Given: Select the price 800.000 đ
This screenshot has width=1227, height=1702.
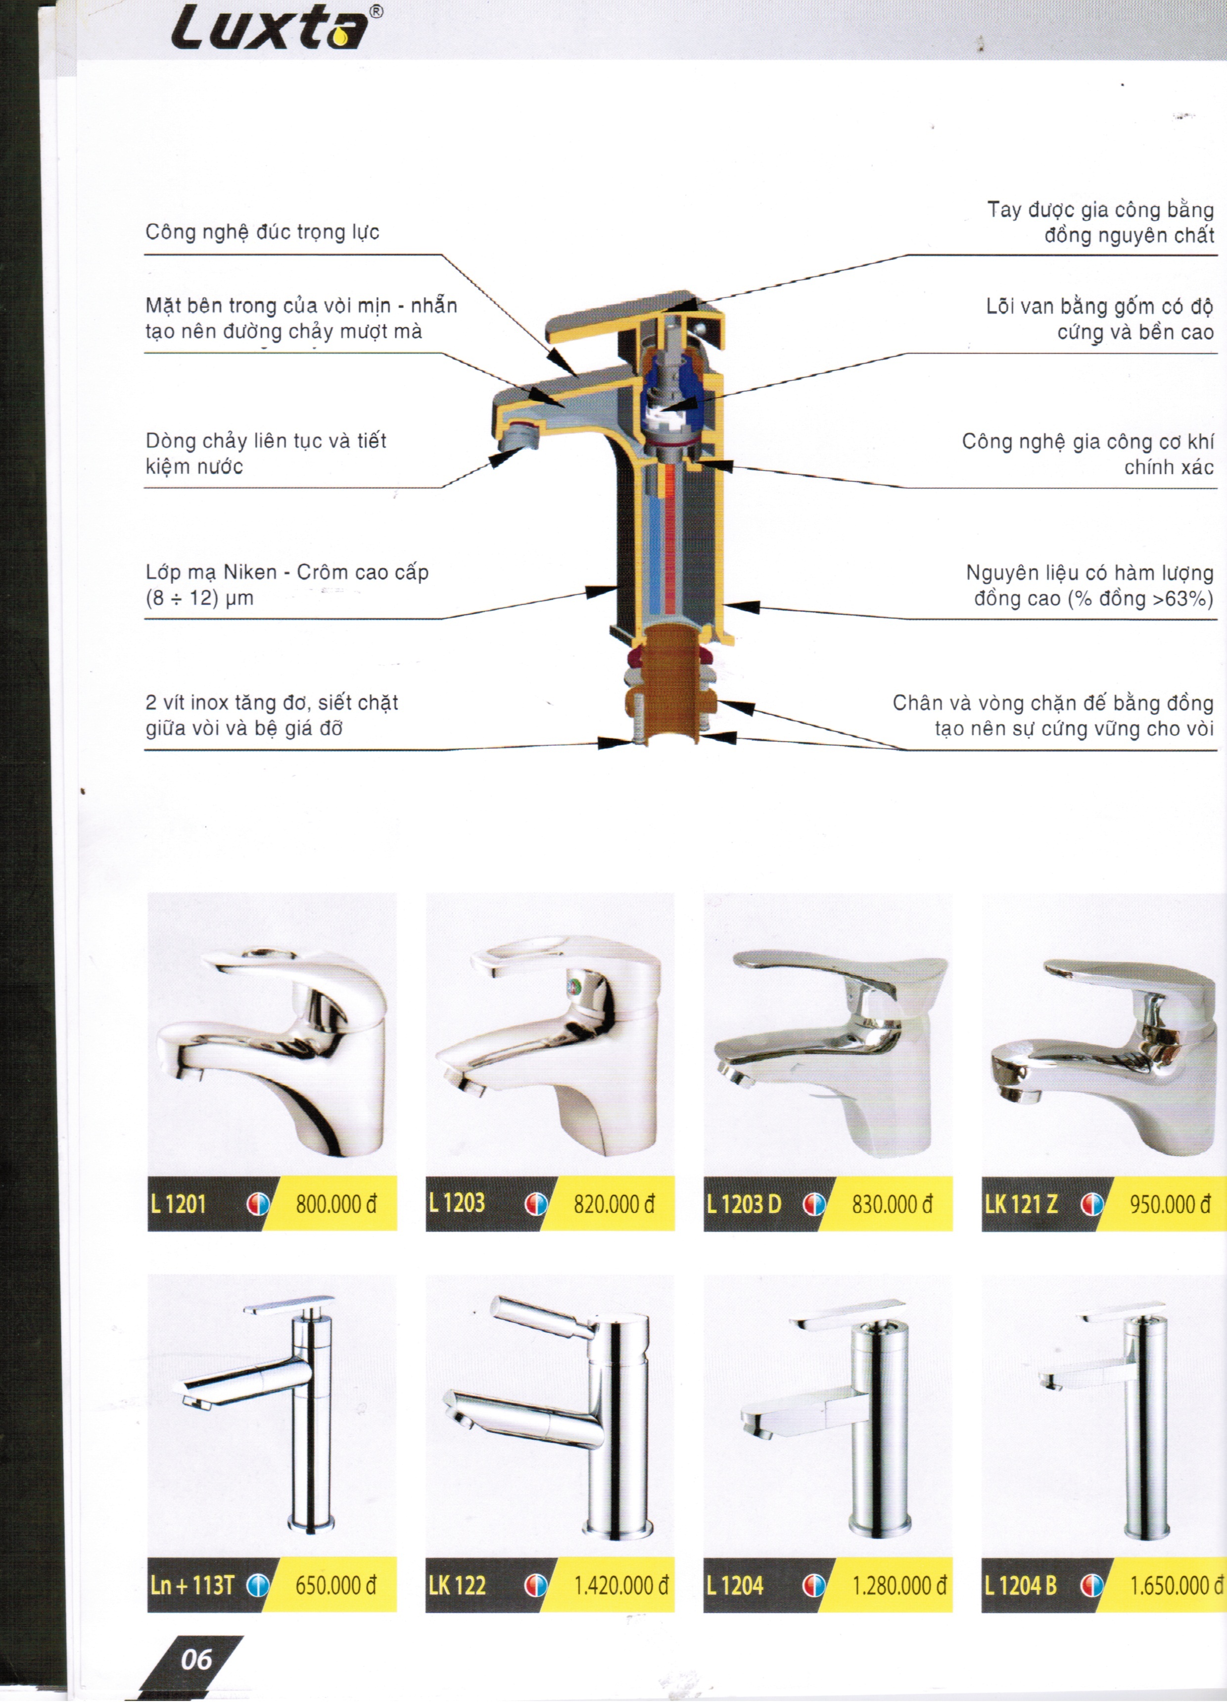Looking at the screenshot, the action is (x=336, y=1204).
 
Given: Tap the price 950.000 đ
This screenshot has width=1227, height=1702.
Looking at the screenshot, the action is (x=1170, y=1204).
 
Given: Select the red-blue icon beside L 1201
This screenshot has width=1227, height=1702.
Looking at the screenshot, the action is (x=257, y=1204).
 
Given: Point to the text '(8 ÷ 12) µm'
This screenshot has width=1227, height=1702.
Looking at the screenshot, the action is (x=199, y=598).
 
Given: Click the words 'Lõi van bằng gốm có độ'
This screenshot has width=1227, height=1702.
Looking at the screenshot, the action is (x=1099, y=306).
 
